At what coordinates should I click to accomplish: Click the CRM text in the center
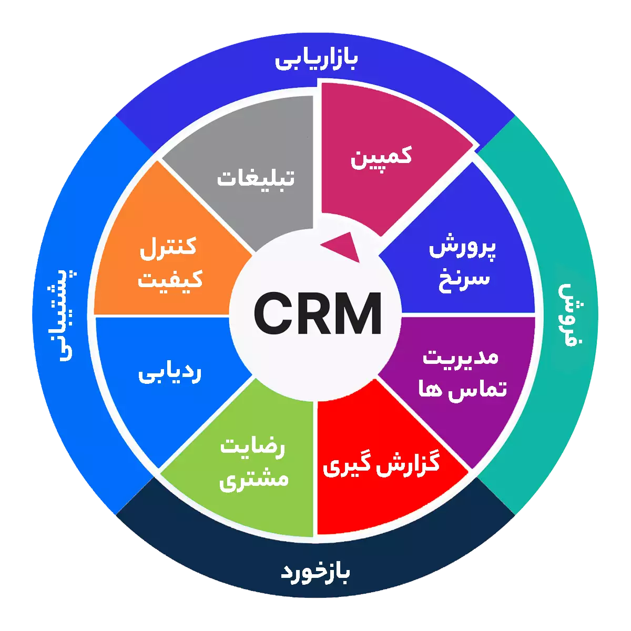(317, 314)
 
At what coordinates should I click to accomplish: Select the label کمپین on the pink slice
(381, 157)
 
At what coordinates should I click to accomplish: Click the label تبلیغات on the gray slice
(256, 178)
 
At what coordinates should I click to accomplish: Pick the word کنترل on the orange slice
(168, 246)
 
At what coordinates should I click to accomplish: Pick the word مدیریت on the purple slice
(461, 357)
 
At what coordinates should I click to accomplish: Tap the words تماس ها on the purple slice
(462, 390)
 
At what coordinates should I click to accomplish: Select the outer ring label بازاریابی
(316, 59)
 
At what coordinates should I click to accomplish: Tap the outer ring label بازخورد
(315, 572)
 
